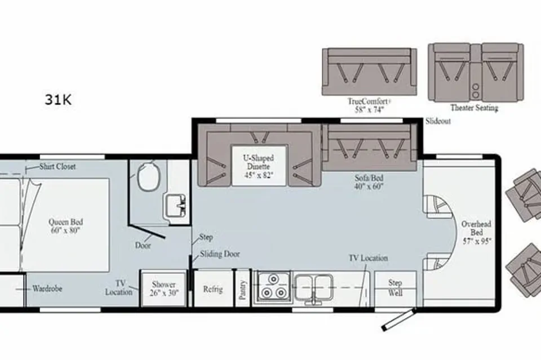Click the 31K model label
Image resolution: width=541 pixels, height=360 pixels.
pos(58,100)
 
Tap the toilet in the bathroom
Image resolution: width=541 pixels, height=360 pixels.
pos(149,176)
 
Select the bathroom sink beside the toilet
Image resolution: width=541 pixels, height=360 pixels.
pos(176,206)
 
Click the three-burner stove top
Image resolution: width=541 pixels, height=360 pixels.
pos(273,287)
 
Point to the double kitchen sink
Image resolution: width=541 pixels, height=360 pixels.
pos(314,287)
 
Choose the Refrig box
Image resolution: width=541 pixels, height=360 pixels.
pos(213,288)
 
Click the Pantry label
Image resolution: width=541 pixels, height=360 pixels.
pos(243,290)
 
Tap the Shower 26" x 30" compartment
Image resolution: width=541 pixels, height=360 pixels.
pos(164,288)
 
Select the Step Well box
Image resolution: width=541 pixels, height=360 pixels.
pos(396,288)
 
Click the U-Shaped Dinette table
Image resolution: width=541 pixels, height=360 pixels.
pos(259,166)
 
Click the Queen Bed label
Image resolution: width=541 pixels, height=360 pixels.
pos(65,226)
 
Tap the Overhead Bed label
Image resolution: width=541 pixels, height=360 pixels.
pos(477,232)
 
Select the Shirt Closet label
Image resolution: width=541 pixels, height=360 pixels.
pos(57,167)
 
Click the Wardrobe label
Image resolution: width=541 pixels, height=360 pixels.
pos(47,288)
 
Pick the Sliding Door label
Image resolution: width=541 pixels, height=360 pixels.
pos(220,254)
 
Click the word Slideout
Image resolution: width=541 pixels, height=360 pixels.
pos(438,121)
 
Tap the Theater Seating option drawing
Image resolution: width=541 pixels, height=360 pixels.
pos(476,73)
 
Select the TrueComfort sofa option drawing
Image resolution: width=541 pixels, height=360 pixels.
pos(369,72)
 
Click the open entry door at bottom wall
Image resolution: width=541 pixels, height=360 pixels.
pos(397,320)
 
